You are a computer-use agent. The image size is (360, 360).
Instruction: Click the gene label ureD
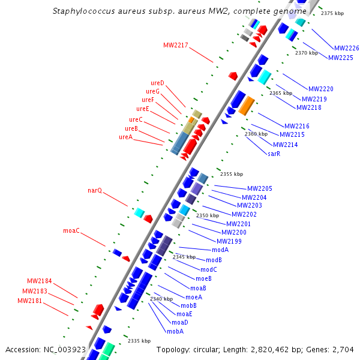click(157, 83)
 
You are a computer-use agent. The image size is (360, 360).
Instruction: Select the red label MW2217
click(175, 45)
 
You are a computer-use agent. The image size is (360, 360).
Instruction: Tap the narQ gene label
click(95, 190)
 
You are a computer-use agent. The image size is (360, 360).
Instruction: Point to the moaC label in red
click(71, 230)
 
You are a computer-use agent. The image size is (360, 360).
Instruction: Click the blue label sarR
click(274, 154)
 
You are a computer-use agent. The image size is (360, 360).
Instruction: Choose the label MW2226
click(346, 48)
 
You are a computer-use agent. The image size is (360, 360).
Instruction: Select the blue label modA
click(220, 250)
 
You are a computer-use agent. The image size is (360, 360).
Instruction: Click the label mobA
click(175, 331)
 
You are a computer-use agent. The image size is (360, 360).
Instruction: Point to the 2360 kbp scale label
click(256, 134)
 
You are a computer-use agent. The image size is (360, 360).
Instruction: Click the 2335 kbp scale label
click(139, 341)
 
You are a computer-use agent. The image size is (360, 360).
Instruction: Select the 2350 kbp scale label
click(207, 215)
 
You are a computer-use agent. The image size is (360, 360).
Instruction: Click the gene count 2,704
click(342, 349)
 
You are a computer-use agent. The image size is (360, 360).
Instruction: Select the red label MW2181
click(30, 301)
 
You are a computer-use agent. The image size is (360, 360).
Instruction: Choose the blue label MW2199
click(229, 241)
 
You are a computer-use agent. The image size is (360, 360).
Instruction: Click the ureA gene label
click(125, 137)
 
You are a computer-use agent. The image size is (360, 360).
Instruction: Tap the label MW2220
click(320, 89)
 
